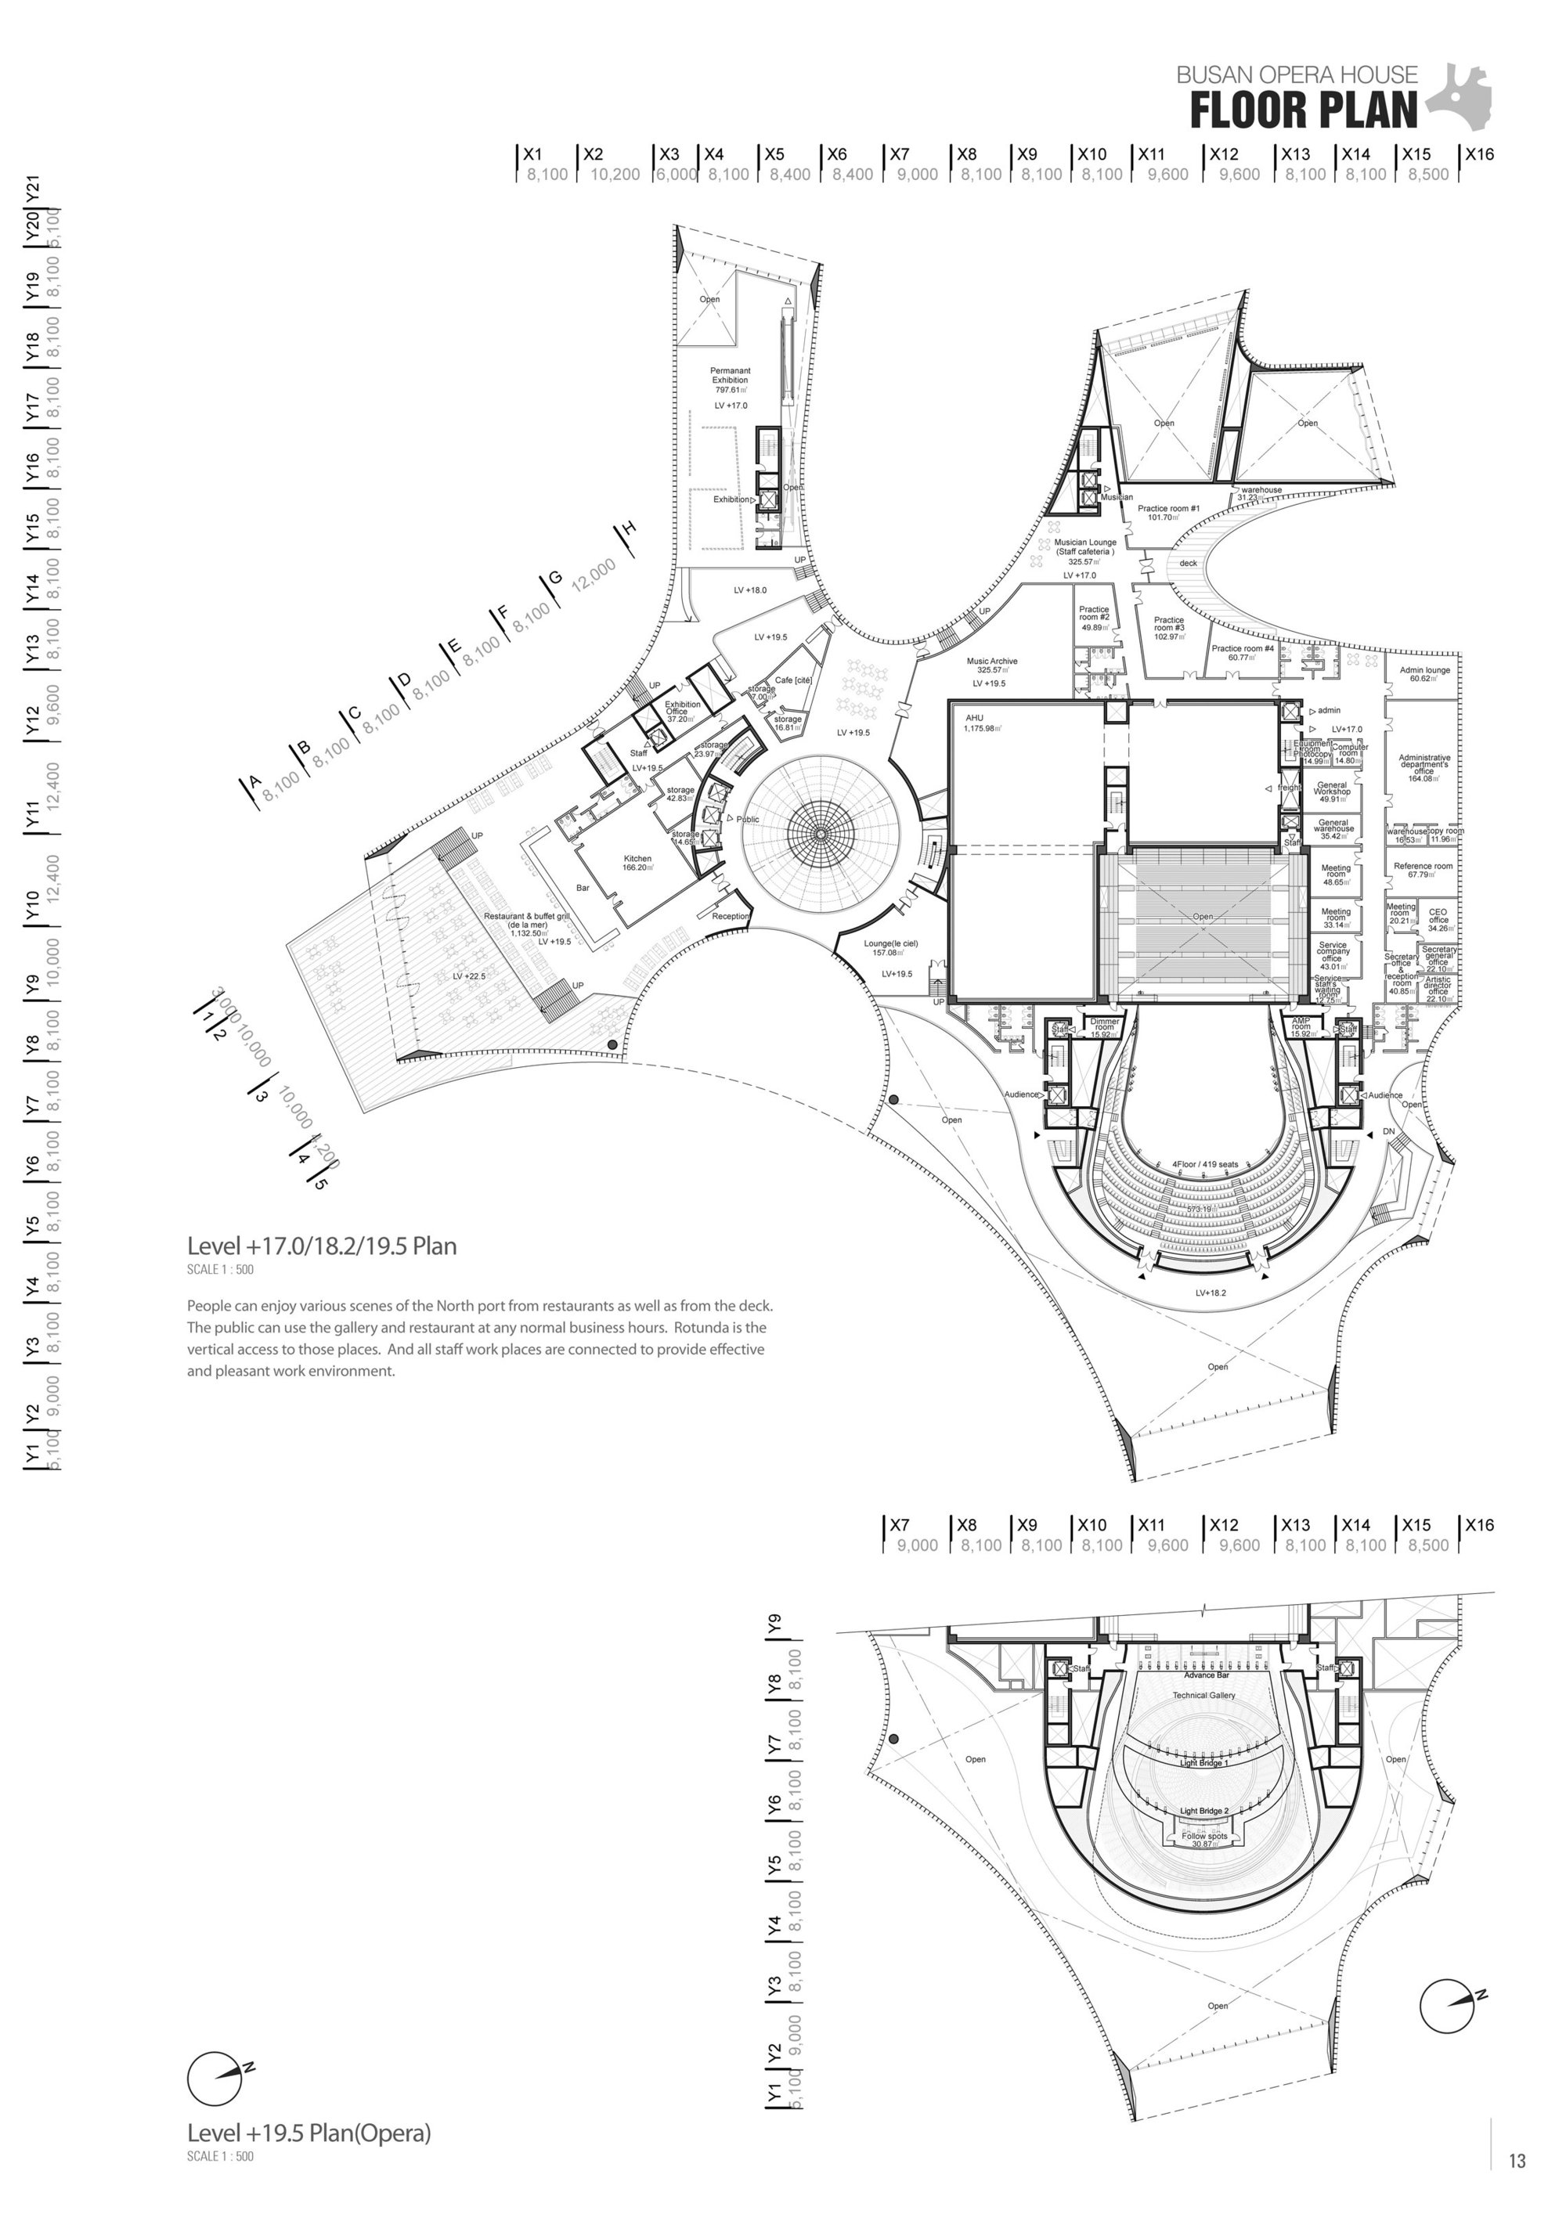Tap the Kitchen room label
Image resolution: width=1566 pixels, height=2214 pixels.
coord(637,862)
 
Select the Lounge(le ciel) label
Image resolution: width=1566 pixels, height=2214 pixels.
coord(891,947)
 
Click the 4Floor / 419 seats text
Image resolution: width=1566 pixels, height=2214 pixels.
coord(1204,1164)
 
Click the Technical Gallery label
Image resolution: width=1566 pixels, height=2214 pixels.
coord(1203,1695)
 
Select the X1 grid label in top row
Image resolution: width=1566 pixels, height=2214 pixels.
coord(532,153)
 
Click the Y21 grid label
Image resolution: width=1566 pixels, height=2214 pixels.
coord(33,187)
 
